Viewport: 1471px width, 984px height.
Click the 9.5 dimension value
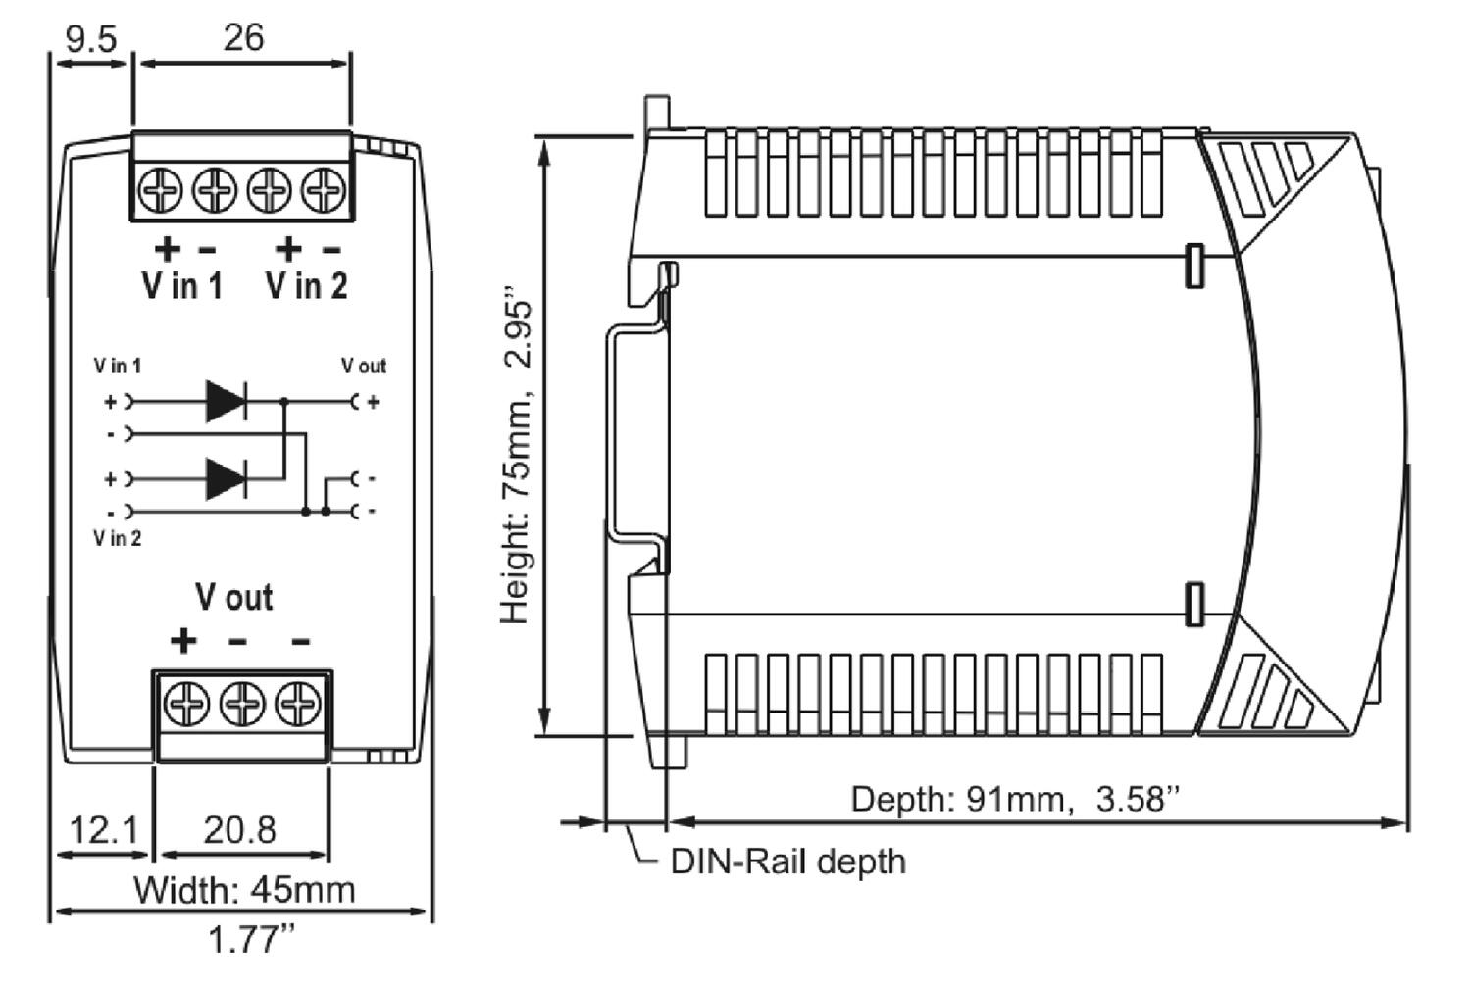coord(90,38)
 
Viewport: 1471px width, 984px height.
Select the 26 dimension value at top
coord(243,37)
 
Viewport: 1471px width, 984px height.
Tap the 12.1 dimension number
coord(104,830)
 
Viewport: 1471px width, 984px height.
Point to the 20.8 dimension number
coord(240,830)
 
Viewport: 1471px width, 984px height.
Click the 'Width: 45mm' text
coord(244,890)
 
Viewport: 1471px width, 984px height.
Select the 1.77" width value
coord(251,940)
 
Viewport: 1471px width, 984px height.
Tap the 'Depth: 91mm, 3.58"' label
coord(1014,799)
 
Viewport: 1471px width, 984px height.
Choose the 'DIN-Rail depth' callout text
coord(787,861)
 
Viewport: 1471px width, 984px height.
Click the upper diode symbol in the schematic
coord(226,401)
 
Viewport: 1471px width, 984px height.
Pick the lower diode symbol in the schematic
coord(226,479)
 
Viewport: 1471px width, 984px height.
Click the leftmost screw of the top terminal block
coord(161,189)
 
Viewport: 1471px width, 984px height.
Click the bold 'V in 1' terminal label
coord(182,285)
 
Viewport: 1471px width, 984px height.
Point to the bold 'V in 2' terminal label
coord(307,285)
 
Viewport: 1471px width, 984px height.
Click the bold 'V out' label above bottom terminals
coord(233,597)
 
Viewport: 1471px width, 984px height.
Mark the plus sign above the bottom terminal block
coord(183,641)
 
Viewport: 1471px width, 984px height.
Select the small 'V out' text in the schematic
coord(364,366)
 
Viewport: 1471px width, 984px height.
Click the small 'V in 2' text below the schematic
coord(118,538)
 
